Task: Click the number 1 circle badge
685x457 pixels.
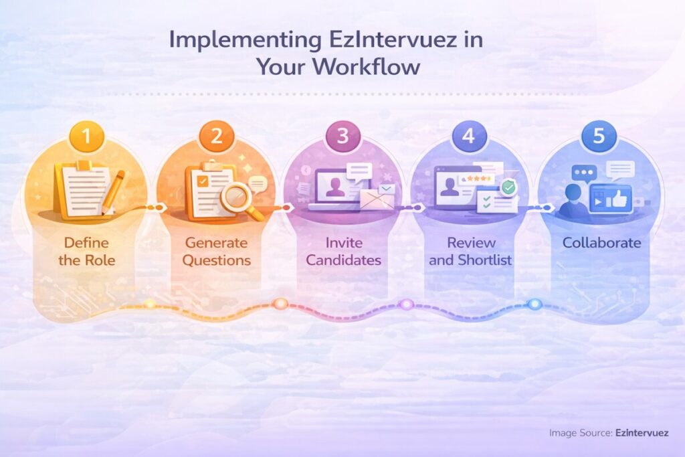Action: (x=86, y=139)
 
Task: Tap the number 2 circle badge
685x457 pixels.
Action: (x=216, y=138)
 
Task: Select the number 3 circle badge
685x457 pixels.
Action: (x=342, y=138)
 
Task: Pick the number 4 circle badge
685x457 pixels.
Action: (x=468, y=138)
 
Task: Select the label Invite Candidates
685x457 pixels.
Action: (x=342, y=251)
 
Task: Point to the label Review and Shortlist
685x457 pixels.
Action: (x=470, y=251)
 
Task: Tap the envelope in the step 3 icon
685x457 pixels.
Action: (x=377, y=197)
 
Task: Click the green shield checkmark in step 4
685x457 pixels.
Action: (x=509, y=188)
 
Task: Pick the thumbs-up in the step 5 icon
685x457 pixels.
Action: (x=619, y=197)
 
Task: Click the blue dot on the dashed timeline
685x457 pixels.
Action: (x=534, y=304)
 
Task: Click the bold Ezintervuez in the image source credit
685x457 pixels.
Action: (x=642, y=433)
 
